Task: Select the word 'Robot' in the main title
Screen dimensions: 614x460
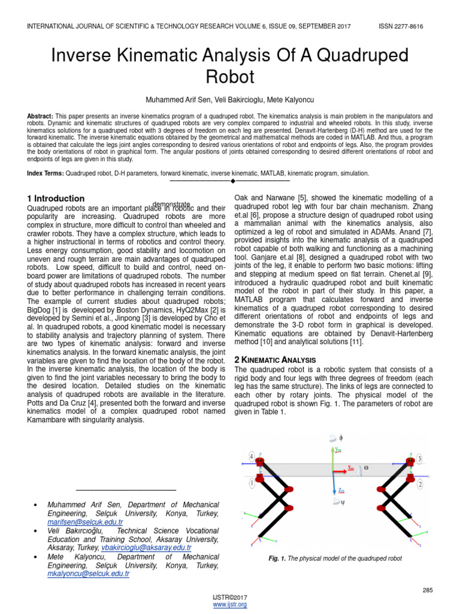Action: point(230,77)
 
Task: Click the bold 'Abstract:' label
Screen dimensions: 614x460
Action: point(40,116)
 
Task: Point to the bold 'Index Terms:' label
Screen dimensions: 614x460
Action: point(46,173)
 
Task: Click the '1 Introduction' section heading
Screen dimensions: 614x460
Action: point(56,198)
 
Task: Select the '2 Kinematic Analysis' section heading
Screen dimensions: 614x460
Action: point(274,359)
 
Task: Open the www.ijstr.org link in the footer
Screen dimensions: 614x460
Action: point(230,604)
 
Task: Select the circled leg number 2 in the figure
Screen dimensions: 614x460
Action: point(420,483)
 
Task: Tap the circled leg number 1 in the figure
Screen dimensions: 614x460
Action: point(252,482)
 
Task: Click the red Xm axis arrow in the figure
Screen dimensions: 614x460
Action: point(345,468)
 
